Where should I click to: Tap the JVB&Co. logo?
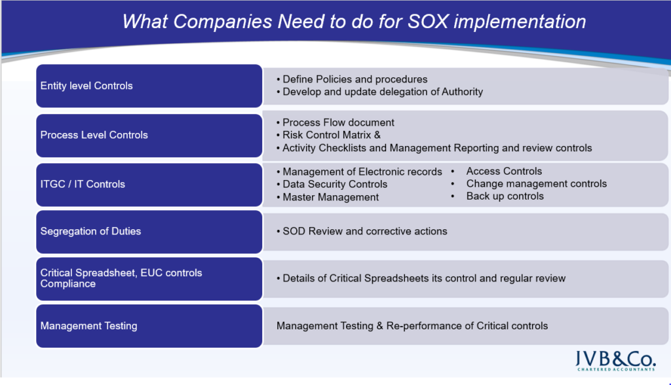[x=615, y=361]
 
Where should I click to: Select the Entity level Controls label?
[x=86, y=86]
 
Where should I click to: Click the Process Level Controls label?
[x=94, y=135]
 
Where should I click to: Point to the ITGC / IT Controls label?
[x=83, y=184]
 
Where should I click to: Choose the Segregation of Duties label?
[x=90, y=231]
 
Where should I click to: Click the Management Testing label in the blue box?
[x=88, y=325]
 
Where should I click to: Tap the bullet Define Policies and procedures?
[x=352, y=79]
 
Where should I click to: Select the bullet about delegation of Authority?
[x=380, y=92]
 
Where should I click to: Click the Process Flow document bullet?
[x=335, y=122]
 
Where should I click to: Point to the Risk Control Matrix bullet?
[x=329, y=135]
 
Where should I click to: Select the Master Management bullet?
[x=328, y=197]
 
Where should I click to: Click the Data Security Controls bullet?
[x=332, y=184]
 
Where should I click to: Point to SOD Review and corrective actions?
[x=362, y=231]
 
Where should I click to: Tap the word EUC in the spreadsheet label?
[x=151, y=272]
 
